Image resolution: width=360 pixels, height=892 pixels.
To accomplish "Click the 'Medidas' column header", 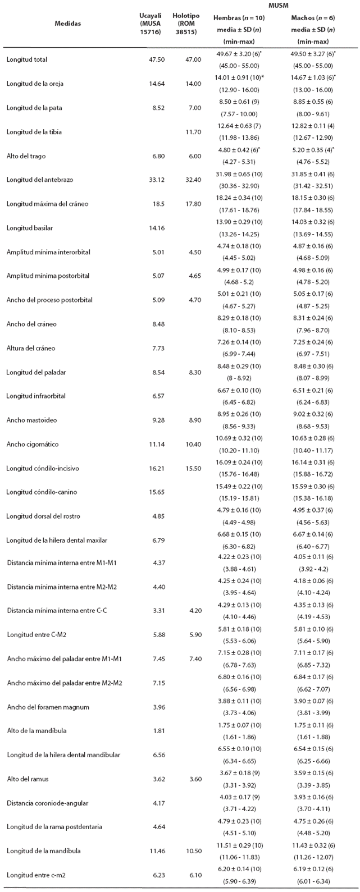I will click(x=67, y=24).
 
